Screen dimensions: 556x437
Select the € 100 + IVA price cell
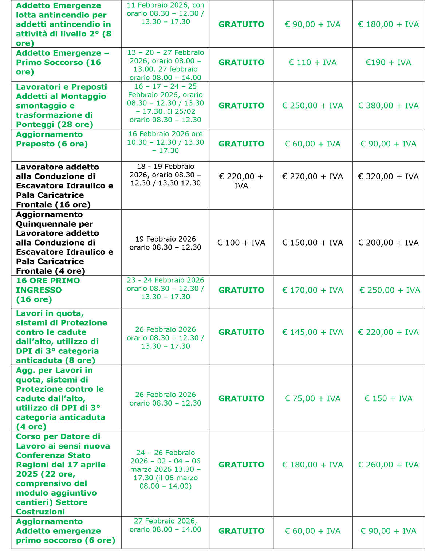pyautogui.click(x=241, y=243)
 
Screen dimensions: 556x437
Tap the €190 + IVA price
pyautogui.click(x=388, y=63)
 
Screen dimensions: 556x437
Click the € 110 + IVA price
pyautogui.click(x=312, y=63)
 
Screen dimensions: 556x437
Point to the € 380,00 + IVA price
pyautogui.click(x=388, y=106)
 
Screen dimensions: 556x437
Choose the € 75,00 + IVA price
pyautogui.click(x=312, y=399)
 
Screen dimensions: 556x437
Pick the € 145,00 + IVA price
pyautogui.click(x=312, y=332)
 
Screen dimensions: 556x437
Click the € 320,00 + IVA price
pyautogui.click(x=388, y=176)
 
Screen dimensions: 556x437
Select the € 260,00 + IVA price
pyautogui.click(x=388, y=465)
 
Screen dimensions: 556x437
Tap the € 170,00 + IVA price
pyautogui.click(x=312, y=290)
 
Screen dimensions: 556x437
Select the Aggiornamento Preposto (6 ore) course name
pyautogui.click(x=52, y=139)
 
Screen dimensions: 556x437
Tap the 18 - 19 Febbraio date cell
pyautogui.click(x=165, y=175)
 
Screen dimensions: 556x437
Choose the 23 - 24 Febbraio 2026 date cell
pyautogui.click(x=165, y=289)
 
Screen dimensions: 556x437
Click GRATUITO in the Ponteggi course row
pyautogui.click(x=241, y=106)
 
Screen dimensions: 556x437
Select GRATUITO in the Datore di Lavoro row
pyautogui.click(x=241, y=465)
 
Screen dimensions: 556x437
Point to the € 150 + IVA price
pyautogui.click(x=388, y=399)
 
